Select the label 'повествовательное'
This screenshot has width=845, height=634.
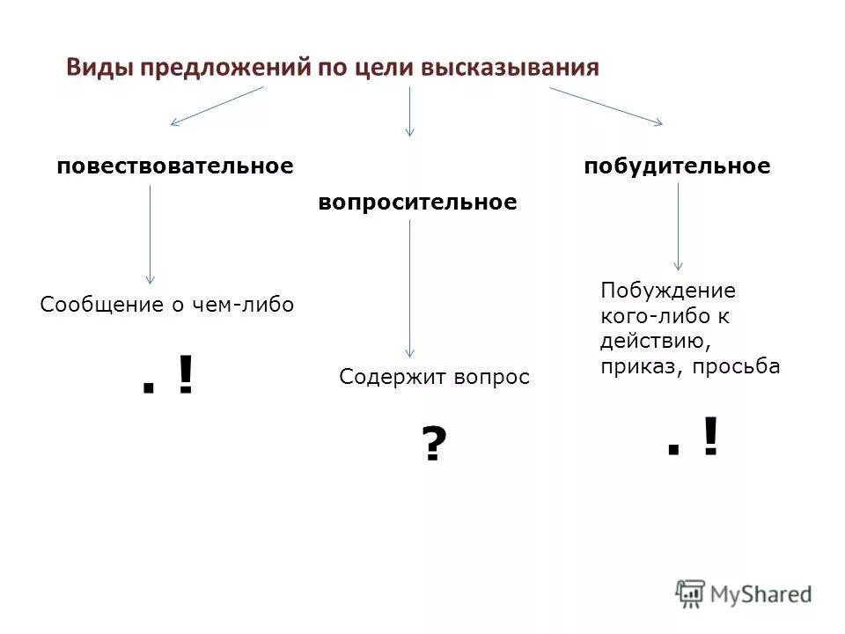tap(174, 166)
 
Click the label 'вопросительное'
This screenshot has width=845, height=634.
tap(416, 203)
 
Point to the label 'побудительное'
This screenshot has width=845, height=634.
tap(677, 166)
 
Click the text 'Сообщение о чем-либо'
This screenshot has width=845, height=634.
tap(167, 306)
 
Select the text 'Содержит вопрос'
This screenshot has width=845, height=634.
tap(435, 378)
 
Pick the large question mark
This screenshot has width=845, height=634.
tap(431, 445)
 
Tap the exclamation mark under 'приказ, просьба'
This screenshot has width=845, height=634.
tap(709, 438)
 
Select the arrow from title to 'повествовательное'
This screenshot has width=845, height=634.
tap(217, 106)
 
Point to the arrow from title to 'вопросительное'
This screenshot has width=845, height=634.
tap(409, 111)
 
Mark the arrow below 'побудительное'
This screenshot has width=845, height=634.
tap(678, 226)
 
